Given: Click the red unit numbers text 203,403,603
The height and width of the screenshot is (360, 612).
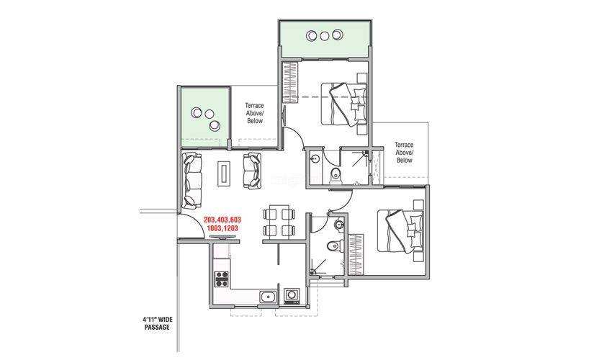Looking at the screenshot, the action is click(x=222, y=220).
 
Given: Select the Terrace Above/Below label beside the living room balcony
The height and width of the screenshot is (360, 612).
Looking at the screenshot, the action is click(x=254, y=113).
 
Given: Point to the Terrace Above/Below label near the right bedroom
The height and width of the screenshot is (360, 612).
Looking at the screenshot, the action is click(x=404, y=152).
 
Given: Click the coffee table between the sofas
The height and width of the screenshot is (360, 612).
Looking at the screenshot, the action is click(x=224, y=172).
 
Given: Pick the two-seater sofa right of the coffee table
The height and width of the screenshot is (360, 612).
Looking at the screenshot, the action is click(x=252, y=171).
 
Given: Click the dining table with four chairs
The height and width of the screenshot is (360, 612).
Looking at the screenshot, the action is click(x=279, y=222).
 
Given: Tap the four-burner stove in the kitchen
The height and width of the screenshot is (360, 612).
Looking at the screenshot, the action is click(x=222, y=279).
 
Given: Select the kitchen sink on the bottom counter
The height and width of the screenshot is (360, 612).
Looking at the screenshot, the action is click(x=268, y=297).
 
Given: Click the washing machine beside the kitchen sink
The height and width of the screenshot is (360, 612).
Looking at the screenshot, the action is click(x=292, y=296).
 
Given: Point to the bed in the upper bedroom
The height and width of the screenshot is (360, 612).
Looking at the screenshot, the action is click(x=343, y=104).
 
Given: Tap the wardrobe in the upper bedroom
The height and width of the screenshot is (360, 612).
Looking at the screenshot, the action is click(x=290, y=82).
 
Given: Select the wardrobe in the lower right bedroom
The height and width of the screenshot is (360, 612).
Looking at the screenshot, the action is click(x=356, y=254).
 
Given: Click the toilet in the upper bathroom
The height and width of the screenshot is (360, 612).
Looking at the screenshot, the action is click(x=336, y=176).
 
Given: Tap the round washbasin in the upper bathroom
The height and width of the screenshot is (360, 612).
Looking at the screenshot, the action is click(x=315, y=158).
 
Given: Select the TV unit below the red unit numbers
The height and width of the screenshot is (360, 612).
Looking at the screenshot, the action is click(x=222, y=237).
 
